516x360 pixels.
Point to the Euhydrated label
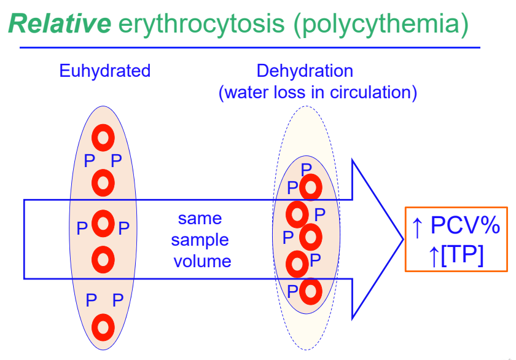point(104,71)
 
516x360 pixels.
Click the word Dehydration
point(305,71)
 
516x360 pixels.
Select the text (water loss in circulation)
point(318,93)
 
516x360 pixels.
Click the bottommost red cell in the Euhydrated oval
point(103,326)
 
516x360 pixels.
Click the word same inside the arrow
point(200,219)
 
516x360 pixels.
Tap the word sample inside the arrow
point(200,240)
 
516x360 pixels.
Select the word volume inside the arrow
point(202,261)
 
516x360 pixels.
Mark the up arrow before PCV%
point(417,227)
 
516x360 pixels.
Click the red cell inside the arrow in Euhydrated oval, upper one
point(103,223)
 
